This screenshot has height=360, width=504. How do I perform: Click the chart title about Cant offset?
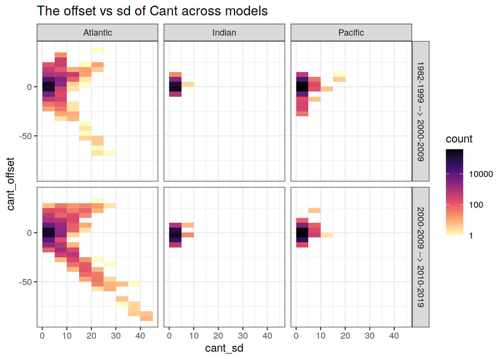[152, 11]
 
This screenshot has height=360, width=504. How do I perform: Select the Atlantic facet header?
[97, 33]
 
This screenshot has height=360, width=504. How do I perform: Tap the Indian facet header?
[224, 33]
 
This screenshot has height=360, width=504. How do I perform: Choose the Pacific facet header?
[351, 33]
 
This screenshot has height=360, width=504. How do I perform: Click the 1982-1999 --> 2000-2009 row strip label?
[421, 111]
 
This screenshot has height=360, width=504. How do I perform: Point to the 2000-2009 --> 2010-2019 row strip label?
[421, 257]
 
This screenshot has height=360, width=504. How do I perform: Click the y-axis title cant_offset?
[10, 184]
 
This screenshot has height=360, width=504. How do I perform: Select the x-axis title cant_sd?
[224, 348]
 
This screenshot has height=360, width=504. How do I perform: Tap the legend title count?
[459, 139]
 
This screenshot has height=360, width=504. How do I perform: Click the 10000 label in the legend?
[481, 174]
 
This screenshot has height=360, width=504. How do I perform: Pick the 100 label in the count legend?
[476, 205]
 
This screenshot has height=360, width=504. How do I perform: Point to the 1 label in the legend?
[471, 235]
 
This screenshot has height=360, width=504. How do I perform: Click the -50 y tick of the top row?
[25, 136]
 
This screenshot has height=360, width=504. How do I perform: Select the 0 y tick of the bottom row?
[29, 232]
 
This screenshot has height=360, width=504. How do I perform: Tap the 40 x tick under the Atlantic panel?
[140, 336]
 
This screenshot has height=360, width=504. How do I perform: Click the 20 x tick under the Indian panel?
[218, 336]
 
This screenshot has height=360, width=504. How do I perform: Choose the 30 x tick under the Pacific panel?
[370, 336]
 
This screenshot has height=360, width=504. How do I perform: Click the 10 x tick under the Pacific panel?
[321, 336]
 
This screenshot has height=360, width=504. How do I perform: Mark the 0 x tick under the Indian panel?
[169, 336]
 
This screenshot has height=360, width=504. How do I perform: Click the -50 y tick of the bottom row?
[25, 282]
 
